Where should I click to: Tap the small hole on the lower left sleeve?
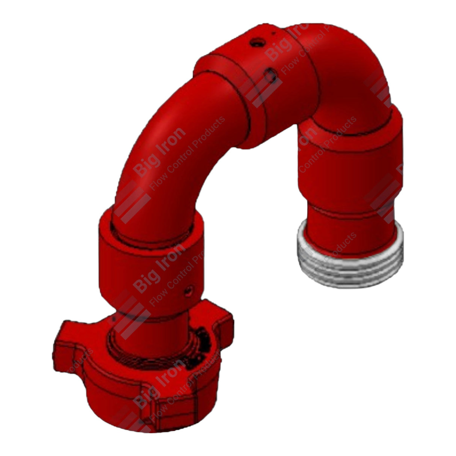[x=189, y=290]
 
